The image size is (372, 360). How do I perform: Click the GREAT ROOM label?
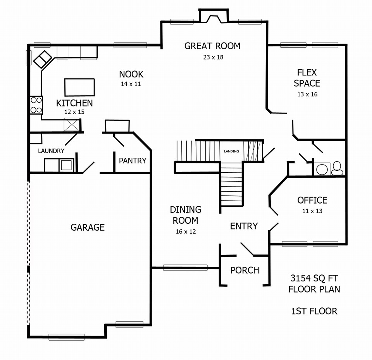[212, 46]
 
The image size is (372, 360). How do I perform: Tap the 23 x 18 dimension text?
[213, 57]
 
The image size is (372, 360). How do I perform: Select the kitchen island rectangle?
[79, 87]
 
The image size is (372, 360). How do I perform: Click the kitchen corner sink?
[43, 59]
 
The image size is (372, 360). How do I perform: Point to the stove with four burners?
[36, 105]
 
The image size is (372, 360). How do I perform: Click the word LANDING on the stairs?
[232, 151]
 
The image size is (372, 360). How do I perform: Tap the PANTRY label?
[133, 161]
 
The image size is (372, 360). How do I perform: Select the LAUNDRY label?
[51, 151]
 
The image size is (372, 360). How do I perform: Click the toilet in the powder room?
[337, 168]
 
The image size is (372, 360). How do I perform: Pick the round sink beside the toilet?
[322, 170]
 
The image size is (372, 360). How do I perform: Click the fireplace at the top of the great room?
[214, 16]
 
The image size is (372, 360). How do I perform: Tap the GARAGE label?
[88, 228]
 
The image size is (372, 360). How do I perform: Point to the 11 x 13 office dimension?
[312, 211]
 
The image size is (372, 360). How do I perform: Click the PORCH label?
[245, 270]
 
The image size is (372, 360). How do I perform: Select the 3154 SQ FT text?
[314, 278]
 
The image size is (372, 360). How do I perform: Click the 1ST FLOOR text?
[314, 311]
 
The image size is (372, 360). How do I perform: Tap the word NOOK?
[131, 74]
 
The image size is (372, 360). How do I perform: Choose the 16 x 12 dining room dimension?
[186, 231]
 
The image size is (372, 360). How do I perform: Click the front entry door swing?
[247, 249]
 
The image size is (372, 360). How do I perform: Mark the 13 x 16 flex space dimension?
[307, 94]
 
